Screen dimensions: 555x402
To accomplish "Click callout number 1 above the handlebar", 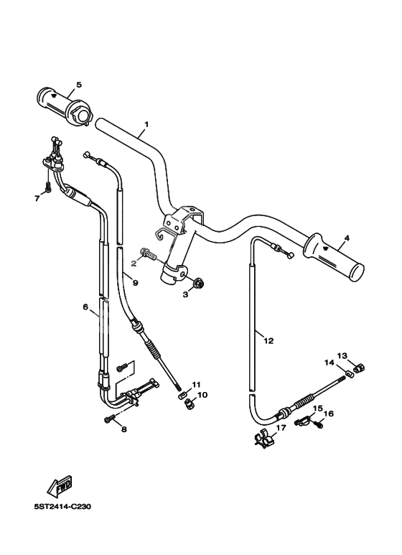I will (146, 124).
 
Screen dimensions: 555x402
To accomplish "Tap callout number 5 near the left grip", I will (79, 84).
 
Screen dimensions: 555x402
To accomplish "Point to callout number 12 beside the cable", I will (268, 341).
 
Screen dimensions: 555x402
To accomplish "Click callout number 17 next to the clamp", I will (281, 428).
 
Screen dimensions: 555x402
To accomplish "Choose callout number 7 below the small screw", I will (37, 198).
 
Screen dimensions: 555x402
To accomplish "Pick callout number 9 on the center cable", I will (134, 283).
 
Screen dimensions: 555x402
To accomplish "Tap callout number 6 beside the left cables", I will (85, 307).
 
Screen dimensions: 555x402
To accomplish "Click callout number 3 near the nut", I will (184, 294).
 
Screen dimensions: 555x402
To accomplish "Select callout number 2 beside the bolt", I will (134, 263).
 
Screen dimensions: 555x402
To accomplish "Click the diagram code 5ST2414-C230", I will (62, 505).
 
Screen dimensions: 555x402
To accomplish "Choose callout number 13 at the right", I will (342, 355).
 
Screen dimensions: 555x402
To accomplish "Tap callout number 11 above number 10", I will (196, 384).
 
